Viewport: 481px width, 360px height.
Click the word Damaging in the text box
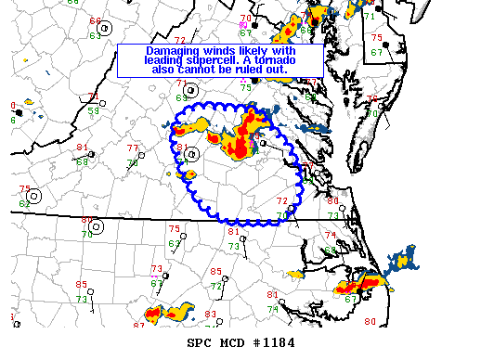[173, 51]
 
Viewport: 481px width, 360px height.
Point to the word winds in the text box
[222, 51]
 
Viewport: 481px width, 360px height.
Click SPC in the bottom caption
[200, 343]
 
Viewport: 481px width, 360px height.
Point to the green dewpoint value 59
[94, 110]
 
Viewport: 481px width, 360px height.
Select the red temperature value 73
[156, 268]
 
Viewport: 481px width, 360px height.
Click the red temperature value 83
[210, 315]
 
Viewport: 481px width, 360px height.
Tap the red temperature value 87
[138, 325]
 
